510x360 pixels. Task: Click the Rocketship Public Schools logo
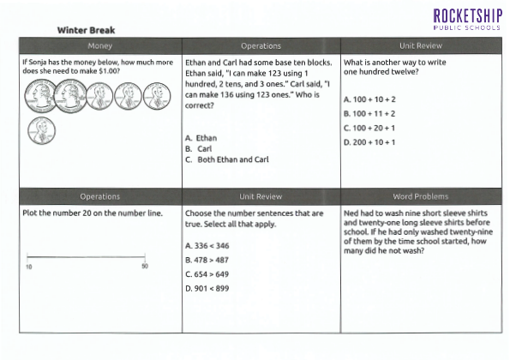(x=467, y=20)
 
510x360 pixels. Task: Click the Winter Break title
(x=87, y=30)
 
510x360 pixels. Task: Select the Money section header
(x=99, y=45)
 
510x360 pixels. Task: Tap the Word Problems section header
(x=421, y=196)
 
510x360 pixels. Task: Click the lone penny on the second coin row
(x=42, y=131)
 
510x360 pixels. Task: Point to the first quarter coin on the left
(x=40, y=96)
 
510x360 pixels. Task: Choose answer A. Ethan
(x=201, y=138)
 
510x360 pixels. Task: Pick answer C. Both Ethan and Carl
(x=227, y=159)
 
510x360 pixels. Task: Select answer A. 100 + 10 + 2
(x=369, y=99)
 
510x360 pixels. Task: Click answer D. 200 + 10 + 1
(x=369, y=142)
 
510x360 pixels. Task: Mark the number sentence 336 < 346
(x=207, y=245)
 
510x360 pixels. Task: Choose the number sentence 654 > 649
(x=207, y=274)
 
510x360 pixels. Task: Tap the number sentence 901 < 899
(x=207, y=289)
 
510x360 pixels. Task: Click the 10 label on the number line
(x=29, y=267)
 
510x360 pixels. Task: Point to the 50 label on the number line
(x=145, y=267)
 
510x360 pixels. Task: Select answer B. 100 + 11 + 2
(x=369, y=113)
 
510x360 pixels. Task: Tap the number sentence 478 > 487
(x=207, y=260)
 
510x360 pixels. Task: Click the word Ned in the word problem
(x=350, y=213)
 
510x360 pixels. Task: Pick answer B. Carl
(x=198, y=148)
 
